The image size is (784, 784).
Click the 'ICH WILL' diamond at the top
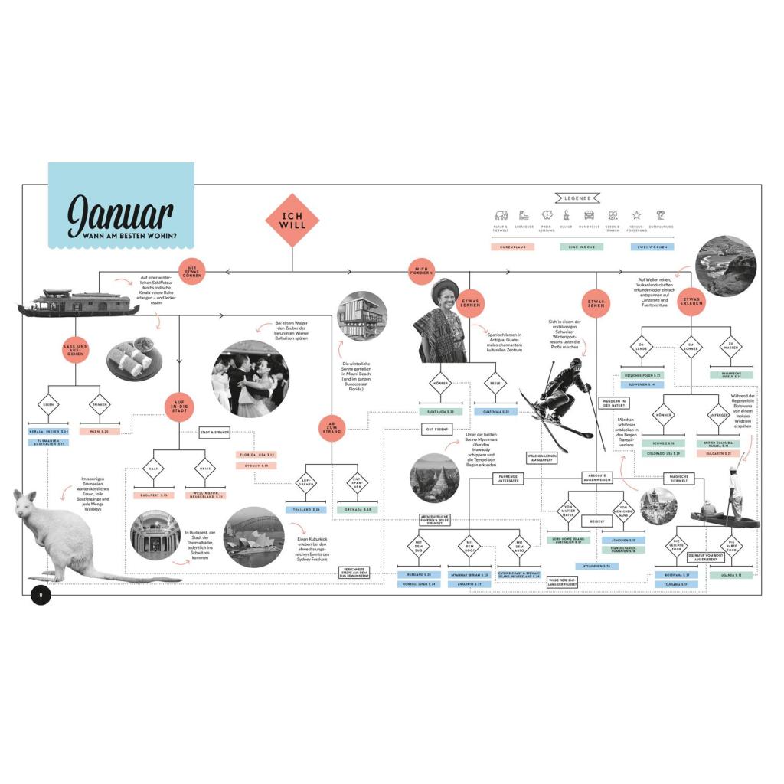coord(292,220)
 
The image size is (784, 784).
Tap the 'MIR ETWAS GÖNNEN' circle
coord(193,270)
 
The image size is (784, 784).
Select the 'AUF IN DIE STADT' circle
coord(178,407)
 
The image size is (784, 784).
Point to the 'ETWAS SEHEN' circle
coord(596,302)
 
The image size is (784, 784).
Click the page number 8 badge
coord(41,594)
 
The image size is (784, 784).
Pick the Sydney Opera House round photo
coord(254,537)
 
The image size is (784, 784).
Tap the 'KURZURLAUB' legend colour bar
coord(512,247)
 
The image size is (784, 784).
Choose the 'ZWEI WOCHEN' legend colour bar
coord(653,247)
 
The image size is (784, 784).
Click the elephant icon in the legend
coord(501,215)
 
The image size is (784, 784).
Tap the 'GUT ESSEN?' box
coord(436,430)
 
